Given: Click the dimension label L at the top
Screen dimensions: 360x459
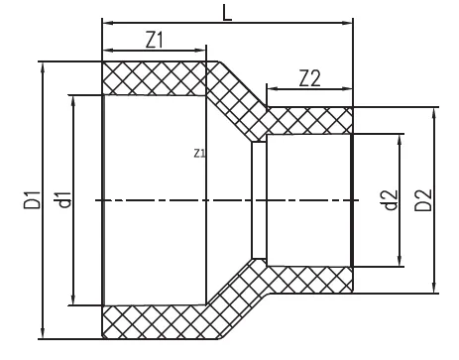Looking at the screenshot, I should click(x=227, y=9).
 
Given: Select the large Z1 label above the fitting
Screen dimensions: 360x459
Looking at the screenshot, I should click(x=155, y=41).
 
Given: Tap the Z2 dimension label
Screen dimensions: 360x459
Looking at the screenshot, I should click(x=309, y=80).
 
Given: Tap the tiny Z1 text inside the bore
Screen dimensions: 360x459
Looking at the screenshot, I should click(x=198, y=154).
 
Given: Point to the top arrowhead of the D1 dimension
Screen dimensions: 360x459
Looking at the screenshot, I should click(x=43, y=66).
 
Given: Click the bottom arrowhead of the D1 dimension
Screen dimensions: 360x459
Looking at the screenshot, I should click(x=43, y=331).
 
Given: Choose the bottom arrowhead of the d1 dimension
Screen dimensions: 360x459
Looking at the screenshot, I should click(x=75, y=300).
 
